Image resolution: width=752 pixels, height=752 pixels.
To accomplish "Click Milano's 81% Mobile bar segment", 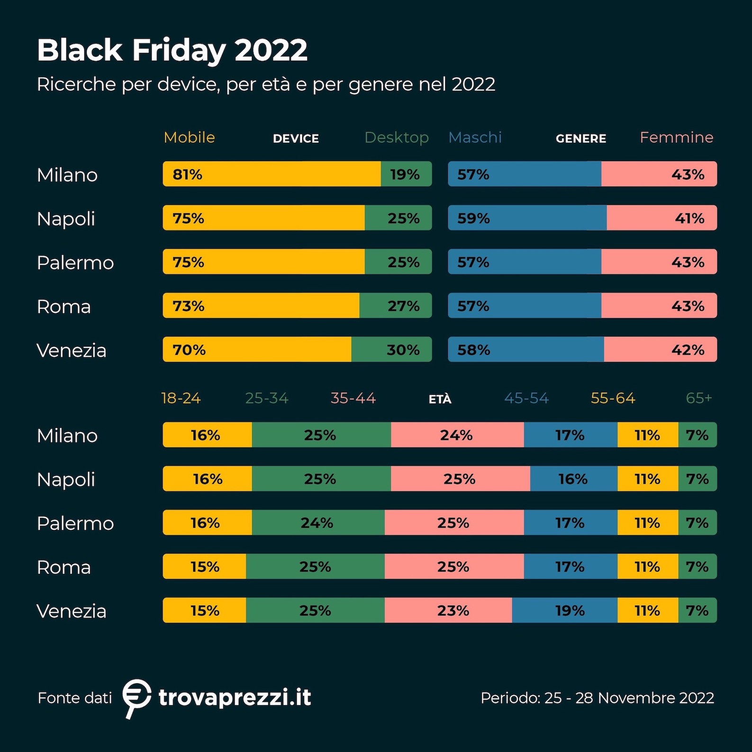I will [x=272, y=174].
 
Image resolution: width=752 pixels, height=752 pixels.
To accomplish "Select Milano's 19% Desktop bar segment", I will [x=406, y=174].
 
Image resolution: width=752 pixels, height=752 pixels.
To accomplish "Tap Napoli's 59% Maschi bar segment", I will [x=527, y=218].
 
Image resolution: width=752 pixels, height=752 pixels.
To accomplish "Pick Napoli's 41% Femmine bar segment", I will [x=661, y=218].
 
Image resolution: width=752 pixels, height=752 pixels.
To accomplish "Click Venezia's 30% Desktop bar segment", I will [x=391, y=350].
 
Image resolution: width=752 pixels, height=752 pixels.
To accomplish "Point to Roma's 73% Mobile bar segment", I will [x=261, y=306].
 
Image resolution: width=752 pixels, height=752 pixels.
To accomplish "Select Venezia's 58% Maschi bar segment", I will [x=526, y=350].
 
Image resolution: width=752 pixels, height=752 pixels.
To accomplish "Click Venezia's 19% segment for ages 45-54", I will [x=565, y=610].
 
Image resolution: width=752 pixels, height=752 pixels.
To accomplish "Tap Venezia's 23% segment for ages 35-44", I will [x=448, y=610].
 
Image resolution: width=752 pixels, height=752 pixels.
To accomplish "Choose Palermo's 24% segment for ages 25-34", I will [x=318, y=523].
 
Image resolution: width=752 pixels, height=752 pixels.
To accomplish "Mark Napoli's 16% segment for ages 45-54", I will [x=573, y=479].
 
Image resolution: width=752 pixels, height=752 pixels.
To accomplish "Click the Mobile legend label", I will [x=189, y=137].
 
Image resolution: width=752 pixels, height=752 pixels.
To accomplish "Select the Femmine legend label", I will [x=676, y=137].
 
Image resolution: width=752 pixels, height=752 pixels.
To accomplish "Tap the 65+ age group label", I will [x=699, y=398].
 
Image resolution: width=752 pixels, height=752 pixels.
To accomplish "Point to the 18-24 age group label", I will [x=181, y=398].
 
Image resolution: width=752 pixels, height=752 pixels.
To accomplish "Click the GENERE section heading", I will [x=581, y=138].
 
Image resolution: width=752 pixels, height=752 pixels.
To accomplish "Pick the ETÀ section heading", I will [x=440, y=399].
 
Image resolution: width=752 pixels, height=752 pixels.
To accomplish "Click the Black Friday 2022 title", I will [x=172, y=50].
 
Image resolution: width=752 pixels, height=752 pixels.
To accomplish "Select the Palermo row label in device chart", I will [x=75, y=263].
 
